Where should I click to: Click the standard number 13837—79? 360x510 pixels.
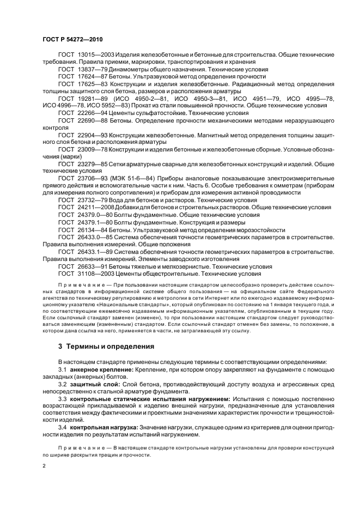(x=90, y=70)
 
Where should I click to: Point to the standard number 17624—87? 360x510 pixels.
(x=90, y=77)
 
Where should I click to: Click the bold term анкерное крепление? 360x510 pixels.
(x=99, y=369)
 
